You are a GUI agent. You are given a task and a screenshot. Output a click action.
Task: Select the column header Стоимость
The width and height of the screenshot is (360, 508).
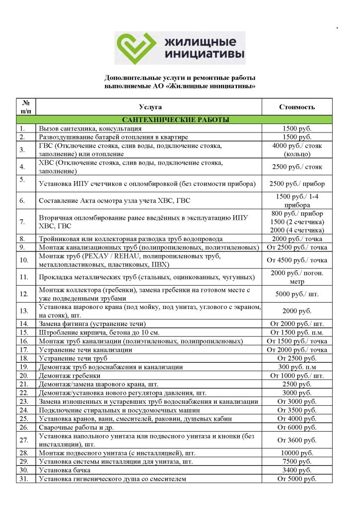(x=297, y=107)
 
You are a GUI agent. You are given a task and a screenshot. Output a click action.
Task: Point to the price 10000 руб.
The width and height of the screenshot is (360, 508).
(x=297, y=453)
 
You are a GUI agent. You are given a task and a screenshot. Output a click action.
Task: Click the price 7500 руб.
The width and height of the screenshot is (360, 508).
(x=297, y=461)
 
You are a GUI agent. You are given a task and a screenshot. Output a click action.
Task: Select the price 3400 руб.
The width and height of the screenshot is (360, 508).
(x=297, y=470)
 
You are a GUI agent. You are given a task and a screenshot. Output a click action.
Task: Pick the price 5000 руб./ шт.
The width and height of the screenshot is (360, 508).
(x=297, y=294)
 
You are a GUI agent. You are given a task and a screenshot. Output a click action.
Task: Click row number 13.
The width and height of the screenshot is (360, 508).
(x=23, y=311)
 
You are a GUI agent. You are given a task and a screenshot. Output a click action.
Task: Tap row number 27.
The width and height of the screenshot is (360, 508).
(x=23, y=440)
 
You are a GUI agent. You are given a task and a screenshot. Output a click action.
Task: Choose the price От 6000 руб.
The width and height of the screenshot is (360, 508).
(x=297, y=427)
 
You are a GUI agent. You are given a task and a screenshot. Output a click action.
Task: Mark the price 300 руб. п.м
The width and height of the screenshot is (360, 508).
(x=297, y=367)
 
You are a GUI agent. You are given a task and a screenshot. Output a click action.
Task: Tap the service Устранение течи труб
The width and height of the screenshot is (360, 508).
(x=73, y=358)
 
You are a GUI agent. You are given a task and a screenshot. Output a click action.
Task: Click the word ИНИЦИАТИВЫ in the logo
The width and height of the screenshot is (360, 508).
(x=204, y=53)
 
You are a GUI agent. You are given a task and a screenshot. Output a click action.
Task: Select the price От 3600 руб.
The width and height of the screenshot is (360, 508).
(x=297, y=440)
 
